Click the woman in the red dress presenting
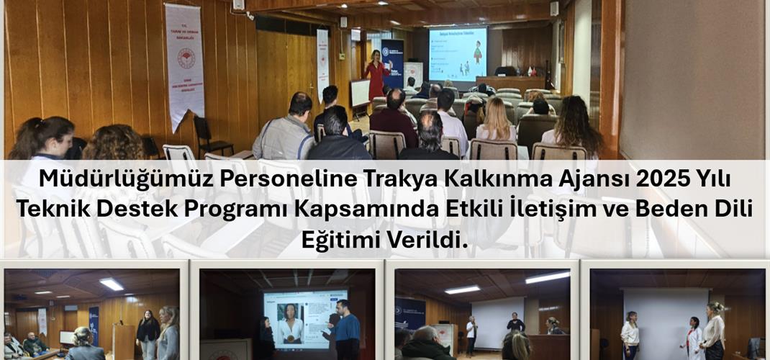pos(376,75)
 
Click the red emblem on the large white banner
pos(186,58)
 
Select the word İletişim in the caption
pos(535,210)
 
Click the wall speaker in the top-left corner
pos(239,5)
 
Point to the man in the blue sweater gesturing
pos(348,331)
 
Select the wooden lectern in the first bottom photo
pos(123,340)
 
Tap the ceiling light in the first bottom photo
pos(112,284)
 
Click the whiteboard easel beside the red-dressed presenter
pos(360,94)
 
